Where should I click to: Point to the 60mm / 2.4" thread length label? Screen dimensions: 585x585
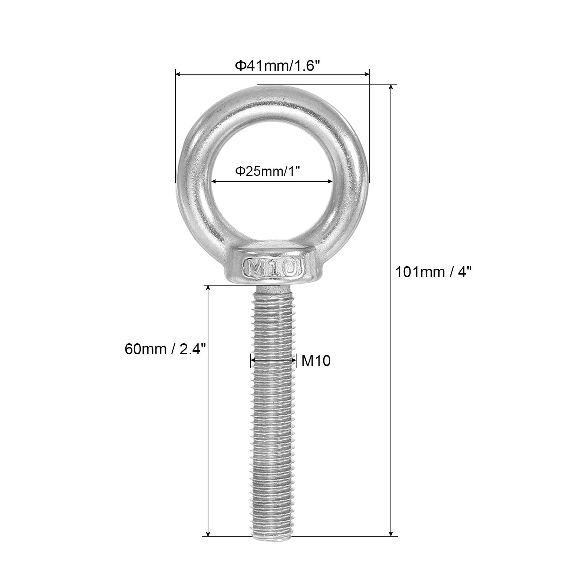click(x=166, y=350)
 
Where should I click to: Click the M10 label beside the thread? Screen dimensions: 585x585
click(x=316, y=361)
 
